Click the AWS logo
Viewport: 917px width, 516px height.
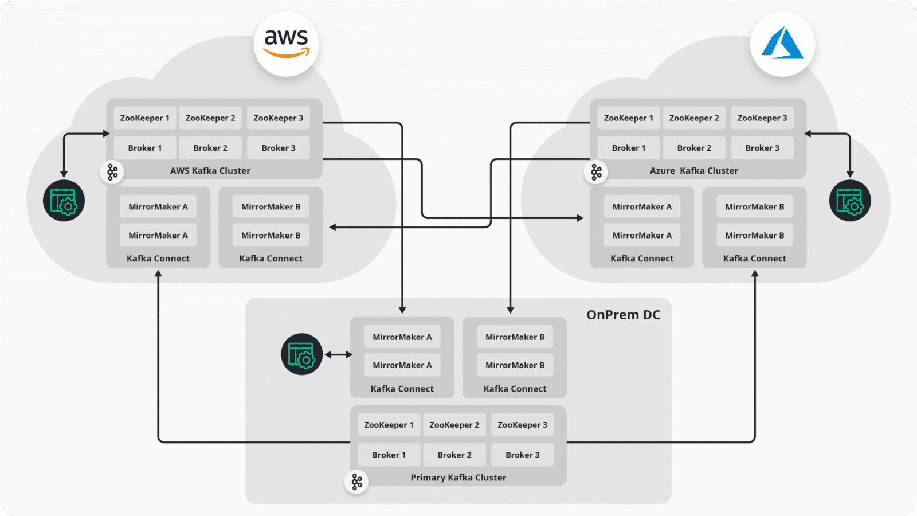click(x=286, y=44)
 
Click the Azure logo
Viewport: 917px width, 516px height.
click(x=782, y=44)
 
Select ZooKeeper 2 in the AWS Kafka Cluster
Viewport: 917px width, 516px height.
click(x=210, y=118)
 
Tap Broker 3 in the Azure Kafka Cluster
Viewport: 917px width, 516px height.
click(x=762, y=148)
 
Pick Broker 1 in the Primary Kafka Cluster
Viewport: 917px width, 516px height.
click(x=389, y=455)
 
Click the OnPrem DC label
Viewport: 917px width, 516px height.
click(x=623, y=315)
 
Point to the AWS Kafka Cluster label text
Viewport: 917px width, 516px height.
click(x=210, y=171)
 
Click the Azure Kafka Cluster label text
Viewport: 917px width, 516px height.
click(x=693, y=171)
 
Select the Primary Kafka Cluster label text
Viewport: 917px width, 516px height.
click(x=458, y=478)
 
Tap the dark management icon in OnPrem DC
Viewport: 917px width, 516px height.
click(x=301, y=354)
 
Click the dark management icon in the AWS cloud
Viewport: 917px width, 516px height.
click(x=64, y=201)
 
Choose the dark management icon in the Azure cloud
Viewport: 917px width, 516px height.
click(x=849, y=201)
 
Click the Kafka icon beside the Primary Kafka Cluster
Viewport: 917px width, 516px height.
click(x=356, y=482)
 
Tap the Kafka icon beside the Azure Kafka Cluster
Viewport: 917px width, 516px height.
click(x=596, y=172)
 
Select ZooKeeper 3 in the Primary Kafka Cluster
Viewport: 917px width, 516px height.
click(x=522, y=425)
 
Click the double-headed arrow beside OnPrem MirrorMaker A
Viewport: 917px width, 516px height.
click(x=338, y=354)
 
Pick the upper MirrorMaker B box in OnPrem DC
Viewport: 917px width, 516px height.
click(x=515, y=337)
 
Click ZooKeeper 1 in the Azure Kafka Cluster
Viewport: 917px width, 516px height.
click(x=628, y=118)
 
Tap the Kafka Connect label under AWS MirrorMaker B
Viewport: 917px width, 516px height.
click(x=271, y=259)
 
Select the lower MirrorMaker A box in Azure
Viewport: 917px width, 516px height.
click(x=641, y=235)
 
